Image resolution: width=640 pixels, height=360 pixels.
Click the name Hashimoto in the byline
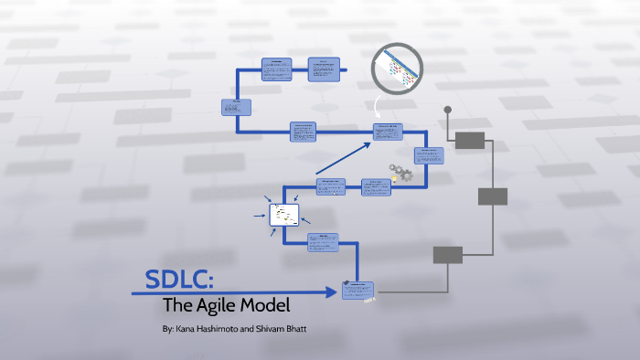click(x=223, y=327)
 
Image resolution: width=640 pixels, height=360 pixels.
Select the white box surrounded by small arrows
click(x=283, y=216)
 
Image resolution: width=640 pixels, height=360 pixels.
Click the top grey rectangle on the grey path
click(x=469, y=140)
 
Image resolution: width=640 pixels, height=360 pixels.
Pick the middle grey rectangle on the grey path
click(x=493, y=196)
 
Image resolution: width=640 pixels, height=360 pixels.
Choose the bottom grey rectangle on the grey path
click(x=448, y=254)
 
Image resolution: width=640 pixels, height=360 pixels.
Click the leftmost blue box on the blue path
click(x=235, y=107)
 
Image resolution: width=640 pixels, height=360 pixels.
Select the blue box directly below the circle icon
click(x=388, y=132)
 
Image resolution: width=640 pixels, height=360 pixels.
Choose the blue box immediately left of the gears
click(x=375, y=187)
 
